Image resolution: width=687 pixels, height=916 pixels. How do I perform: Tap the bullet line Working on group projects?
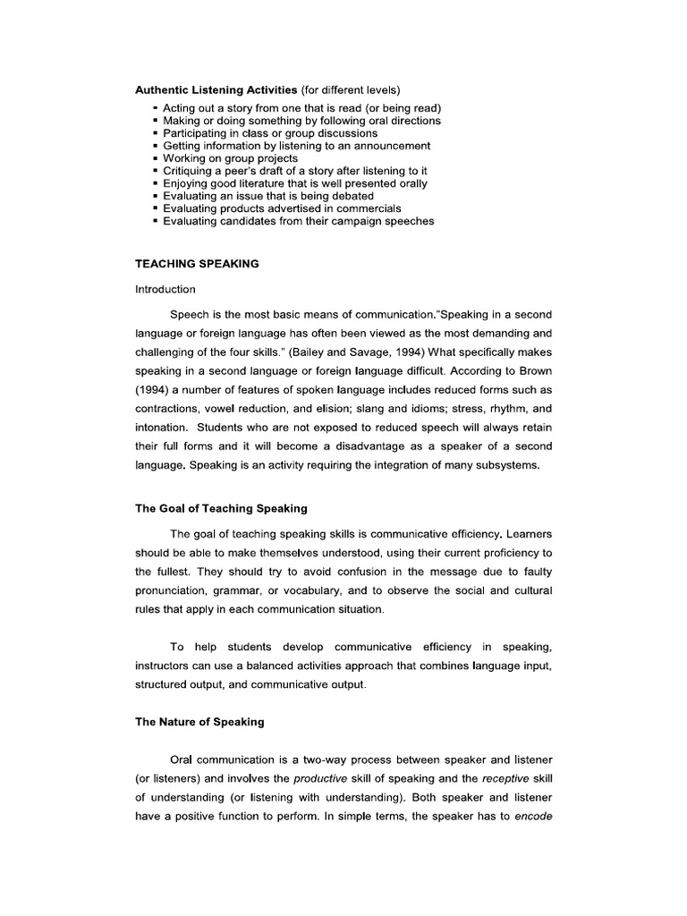[x=230, y=158]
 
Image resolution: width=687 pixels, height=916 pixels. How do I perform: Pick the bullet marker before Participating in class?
[x=156, y=133]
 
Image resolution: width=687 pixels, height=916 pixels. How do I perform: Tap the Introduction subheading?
[x=165, y=290]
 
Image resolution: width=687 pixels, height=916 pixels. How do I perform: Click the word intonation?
[x=161, y=426]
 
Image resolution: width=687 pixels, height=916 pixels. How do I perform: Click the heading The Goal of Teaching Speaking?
[x=221, y=508]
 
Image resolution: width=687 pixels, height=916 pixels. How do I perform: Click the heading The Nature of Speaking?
[x=199, y=721]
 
